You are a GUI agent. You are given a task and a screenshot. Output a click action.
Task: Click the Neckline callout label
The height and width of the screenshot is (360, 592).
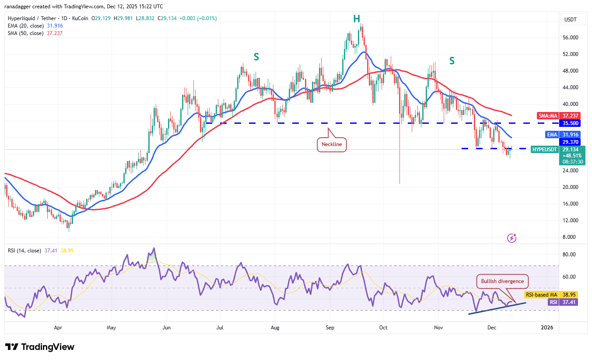(x=332, y=144)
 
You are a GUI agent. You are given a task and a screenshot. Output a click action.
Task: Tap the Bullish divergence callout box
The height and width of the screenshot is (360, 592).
(x=502, y=281)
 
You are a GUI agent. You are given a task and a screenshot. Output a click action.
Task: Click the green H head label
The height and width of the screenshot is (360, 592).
(x=357, y=18)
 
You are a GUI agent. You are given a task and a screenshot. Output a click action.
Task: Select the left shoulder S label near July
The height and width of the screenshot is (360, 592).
(x=256, y=56)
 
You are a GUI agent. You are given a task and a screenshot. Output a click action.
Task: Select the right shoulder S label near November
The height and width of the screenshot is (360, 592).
(x=452, y=61)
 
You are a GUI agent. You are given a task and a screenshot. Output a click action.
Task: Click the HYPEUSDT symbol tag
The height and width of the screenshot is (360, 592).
(x=544, y=150)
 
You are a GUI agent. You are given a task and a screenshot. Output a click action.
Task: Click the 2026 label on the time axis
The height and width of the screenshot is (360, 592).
(x=547, y=327)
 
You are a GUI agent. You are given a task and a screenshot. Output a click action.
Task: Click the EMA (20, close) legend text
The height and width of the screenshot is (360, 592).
(x=25, y=26)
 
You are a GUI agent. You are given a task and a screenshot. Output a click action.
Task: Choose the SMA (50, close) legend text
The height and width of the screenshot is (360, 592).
(x=25, y=33)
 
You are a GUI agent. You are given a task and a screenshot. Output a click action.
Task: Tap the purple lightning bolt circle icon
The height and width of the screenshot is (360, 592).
(x=511, y=238)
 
